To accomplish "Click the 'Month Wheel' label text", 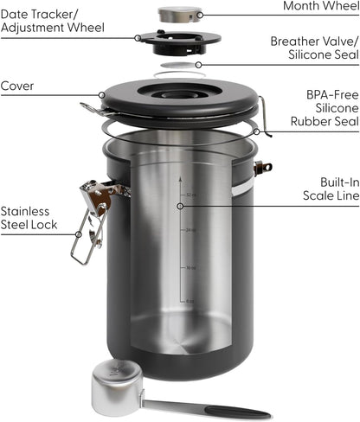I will (319, 7).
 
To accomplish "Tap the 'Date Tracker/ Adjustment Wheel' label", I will (52, 21).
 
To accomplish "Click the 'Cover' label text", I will (17, 86).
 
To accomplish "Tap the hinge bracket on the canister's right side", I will (261, 167).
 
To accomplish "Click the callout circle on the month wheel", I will (198, 15).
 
